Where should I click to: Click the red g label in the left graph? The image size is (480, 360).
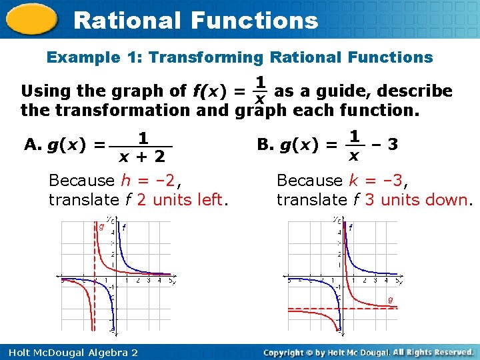click(101, 227)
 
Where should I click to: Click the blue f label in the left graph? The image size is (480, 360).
click(123, 227)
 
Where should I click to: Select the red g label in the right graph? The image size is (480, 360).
click(390, 299)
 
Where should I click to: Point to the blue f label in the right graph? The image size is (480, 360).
click(351, 227)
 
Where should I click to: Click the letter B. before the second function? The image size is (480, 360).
click(265, 144)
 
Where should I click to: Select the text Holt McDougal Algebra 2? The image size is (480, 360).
click(69, 352)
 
